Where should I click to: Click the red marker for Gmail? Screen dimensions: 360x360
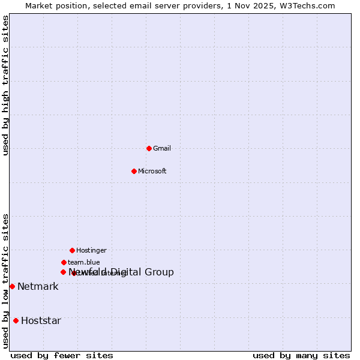coord(149,148)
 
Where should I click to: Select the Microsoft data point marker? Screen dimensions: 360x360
coord(134,171)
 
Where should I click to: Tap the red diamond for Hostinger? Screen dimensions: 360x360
coord(72,250)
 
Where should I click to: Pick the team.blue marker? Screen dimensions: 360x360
coord(64,262)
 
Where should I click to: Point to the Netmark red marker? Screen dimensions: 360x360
coord(12,286)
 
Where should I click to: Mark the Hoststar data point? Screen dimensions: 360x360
coord(16,320)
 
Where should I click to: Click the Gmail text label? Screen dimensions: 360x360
coord(162,148)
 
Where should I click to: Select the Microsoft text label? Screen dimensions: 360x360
coord(152,171)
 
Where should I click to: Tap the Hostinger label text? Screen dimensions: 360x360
coord(91,250)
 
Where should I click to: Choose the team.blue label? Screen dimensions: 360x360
coord(83,262)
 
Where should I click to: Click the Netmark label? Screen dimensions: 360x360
coord(38,286)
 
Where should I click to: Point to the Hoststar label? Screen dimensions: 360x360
coord(41,320)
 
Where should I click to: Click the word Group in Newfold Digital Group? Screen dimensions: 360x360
coord(159,272)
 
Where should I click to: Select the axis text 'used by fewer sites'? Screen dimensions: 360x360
coord(62,355)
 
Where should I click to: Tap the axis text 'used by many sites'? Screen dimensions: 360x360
coord(301,355)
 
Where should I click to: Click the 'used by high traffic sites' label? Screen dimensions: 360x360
coord(5,85)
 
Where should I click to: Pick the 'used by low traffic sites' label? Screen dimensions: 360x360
coord(5,281)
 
